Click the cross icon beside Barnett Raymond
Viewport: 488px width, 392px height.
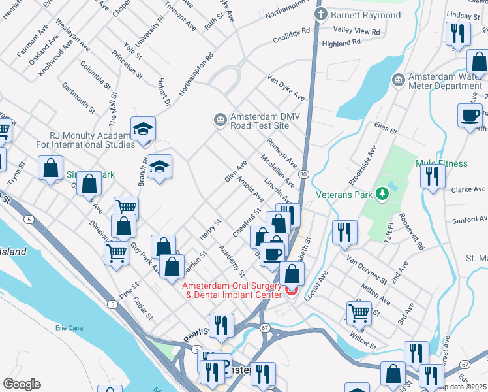(x=320, y=14)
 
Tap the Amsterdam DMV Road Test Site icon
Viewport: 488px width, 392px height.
(x=220, y=119)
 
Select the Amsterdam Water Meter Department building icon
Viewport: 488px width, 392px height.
(x=398, y=80)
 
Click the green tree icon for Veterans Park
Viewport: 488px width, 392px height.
(x=386, y=194)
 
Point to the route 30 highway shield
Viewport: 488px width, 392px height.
(x=303, y=174)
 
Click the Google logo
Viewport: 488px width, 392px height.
(x=22, y=384)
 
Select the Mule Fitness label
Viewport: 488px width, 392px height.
(x=442, y=163)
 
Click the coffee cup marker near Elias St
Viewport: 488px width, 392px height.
(x=470, y=116)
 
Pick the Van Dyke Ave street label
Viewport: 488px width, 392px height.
(x=286, y=88)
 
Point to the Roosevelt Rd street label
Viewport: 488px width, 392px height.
(x=412, y=232)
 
